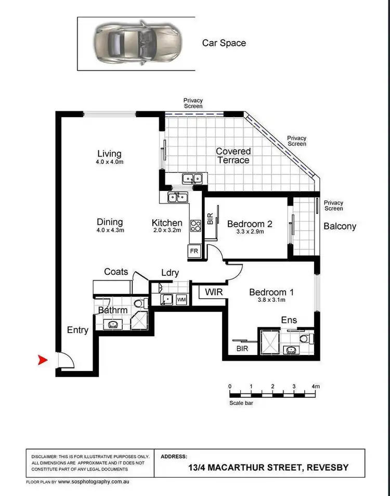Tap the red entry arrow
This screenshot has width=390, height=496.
coord(43,360)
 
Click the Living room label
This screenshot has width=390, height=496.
coord(109,154)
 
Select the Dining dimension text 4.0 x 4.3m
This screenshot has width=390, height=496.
coord(109,230)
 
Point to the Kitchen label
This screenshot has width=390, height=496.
coord(167,223)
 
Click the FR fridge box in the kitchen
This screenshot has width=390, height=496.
coord(193,250)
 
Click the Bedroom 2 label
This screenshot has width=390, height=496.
coord(250,224)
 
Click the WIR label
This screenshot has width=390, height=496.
coord(213,292)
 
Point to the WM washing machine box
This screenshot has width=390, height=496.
coord(181,300)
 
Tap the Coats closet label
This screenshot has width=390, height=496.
coord(116,272)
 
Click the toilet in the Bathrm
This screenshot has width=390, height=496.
coord(138,303)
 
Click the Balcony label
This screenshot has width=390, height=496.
coord(340,226)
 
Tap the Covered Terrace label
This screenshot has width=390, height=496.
coord(233,156)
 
